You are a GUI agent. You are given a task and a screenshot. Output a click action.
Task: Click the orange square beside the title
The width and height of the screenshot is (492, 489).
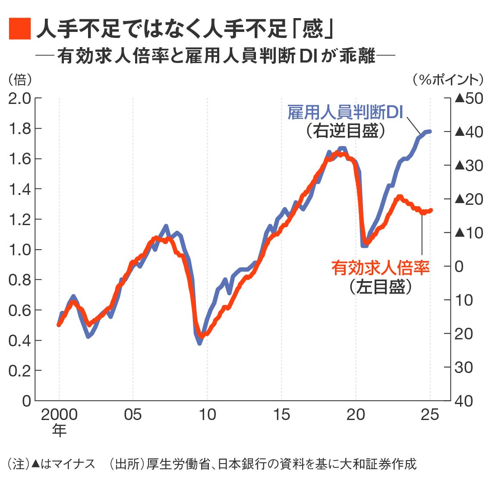coord(20,29)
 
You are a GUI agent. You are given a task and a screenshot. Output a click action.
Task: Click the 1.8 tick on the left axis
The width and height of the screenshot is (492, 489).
coord(20,129)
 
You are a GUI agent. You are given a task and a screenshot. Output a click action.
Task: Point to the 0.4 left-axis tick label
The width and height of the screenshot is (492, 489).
coord(20,340)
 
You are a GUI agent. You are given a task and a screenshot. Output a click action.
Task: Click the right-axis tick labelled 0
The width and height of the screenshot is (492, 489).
coord(459,266)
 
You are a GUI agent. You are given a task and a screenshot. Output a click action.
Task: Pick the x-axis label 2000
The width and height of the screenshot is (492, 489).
coord(59,415)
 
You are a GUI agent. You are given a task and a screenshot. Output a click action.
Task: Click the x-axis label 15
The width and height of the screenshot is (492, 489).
coord(281,415)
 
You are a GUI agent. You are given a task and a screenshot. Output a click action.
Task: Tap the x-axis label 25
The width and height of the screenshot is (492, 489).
coord(430,415)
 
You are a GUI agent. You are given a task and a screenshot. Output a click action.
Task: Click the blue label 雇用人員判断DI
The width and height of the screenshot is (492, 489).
coord(345,113)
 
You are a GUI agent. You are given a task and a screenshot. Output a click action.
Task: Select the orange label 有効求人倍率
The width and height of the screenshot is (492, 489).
coord(381,268)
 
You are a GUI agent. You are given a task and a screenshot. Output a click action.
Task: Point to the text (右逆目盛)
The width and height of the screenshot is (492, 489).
coord(345,131)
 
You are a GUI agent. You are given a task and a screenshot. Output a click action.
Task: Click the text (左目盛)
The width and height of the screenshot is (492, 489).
coord(381,287)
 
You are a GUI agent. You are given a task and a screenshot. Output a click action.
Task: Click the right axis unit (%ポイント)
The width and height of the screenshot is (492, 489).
coord(449,79)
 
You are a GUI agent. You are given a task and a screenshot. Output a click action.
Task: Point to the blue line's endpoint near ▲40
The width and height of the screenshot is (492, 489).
coord(430,131)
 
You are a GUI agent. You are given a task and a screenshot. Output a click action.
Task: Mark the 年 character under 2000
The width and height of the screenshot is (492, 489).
coord(59,430)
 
